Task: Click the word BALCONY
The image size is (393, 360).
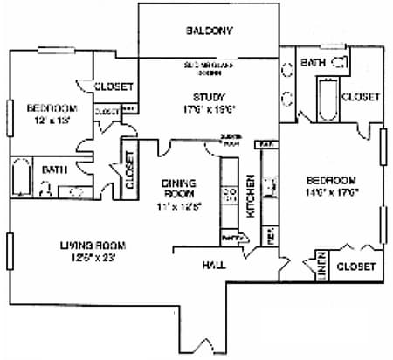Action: point(209,31)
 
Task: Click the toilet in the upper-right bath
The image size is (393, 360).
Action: point(340,62)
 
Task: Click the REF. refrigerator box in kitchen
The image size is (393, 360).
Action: point(270,235)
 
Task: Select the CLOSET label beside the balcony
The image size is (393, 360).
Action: point(114,86)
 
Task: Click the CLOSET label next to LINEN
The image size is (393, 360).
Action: point(355,265)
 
